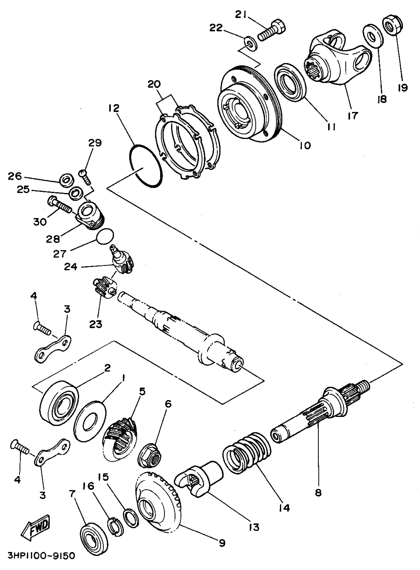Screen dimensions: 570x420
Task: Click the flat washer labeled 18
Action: coord(373,36)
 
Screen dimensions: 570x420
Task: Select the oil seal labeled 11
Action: coord(290,82)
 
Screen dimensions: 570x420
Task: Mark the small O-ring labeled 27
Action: coord(105,237)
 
